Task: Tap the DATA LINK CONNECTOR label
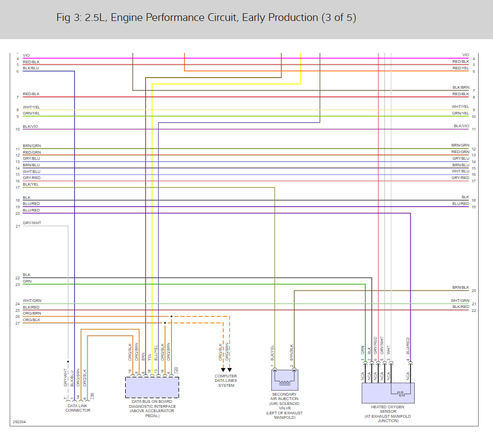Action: pyautogui.click(x=78, y=408)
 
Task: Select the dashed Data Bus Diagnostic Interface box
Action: pyautogui.click(x=152, y=387)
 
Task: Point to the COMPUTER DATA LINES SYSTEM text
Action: pyautogui.click(x=226, y=381)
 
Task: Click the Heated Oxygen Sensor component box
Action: pyautogui.click(x=388, y=392)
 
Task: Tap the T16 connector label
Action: pyautogui.click(x=92, y=395)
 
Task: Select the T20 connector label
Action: pyautogui.click(x=176, y=370)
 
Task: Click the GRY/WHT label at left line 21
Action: pyautogui.click(x=32, y=223)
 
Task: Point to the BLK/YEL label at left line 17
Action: pyautogui.click(x=31, y=185)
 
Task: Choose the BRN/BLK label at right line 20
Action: pyautogui.click(x=460, y=288)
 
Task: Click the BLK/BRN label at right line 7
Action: pyautogui.click(x=460, y=88)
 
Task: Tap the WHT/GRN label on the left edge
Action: pyautogui.click(x=32, y=301)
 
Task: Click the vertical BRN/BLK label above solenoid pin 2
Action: pyautogui.click(x=292, y=353)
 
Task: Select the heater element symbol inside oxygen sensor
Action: pyautogui.click(x=400, y=393)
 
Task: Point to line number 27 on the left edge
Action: pyautogui.click(x=18, y=323)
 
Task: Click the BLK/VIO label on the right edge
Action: pyautogui.click(x=462, y=126)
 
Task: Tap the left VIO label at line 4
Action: pyautogui.click(x=26, y=55)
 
